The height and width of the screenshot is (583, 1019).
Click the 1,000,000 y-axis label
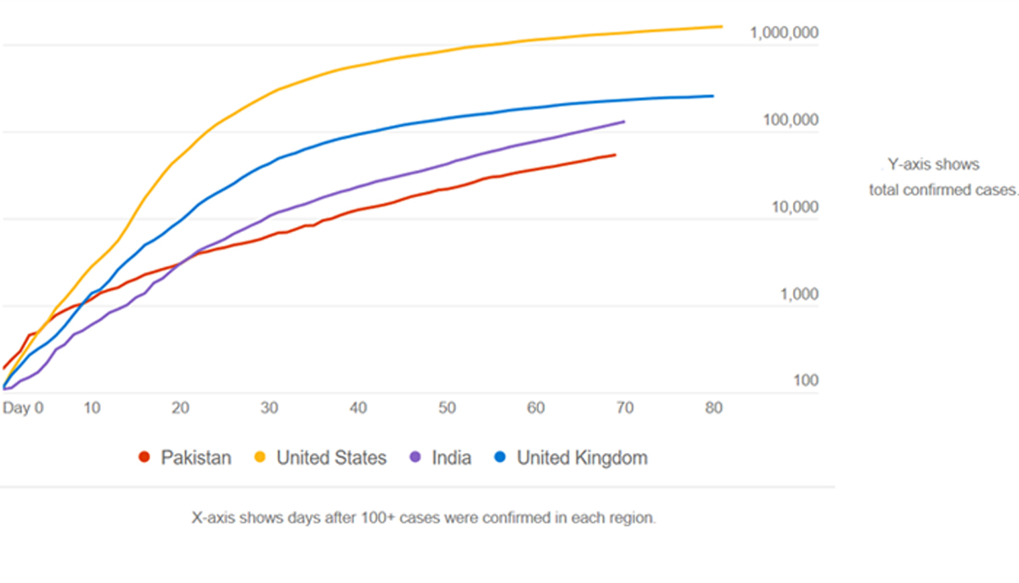point(784,33)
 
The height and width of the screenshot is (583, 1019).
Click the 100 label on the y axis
point(805,381)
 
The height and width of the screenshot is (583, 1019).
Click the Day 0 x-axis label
point(22,408)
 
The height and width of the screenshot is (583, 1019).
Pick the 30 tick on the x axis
point(269,408)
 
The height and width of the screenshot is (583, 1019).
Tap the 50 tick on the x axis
point(447,408)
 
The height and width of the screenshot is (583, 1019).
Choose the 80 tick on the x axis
point(713,408)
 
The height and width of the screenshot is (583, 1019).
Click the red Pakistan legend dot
point(144,458)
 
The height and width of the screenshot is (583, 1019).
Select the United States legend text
point(327,458)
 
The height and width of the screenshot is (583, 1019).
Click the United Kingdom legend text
point(582,458)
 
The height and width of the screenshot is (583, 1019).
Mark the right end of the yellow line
point(721,26)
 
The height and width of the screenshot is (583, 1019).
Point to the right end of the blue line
point(712,96)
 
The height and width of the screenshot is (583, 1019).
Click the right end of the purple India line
point(624,122)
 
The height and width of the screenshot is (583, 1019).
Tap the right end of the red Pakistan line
point(615,155)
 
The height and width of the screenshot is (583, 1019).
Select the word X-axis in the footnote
point(216,518)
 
